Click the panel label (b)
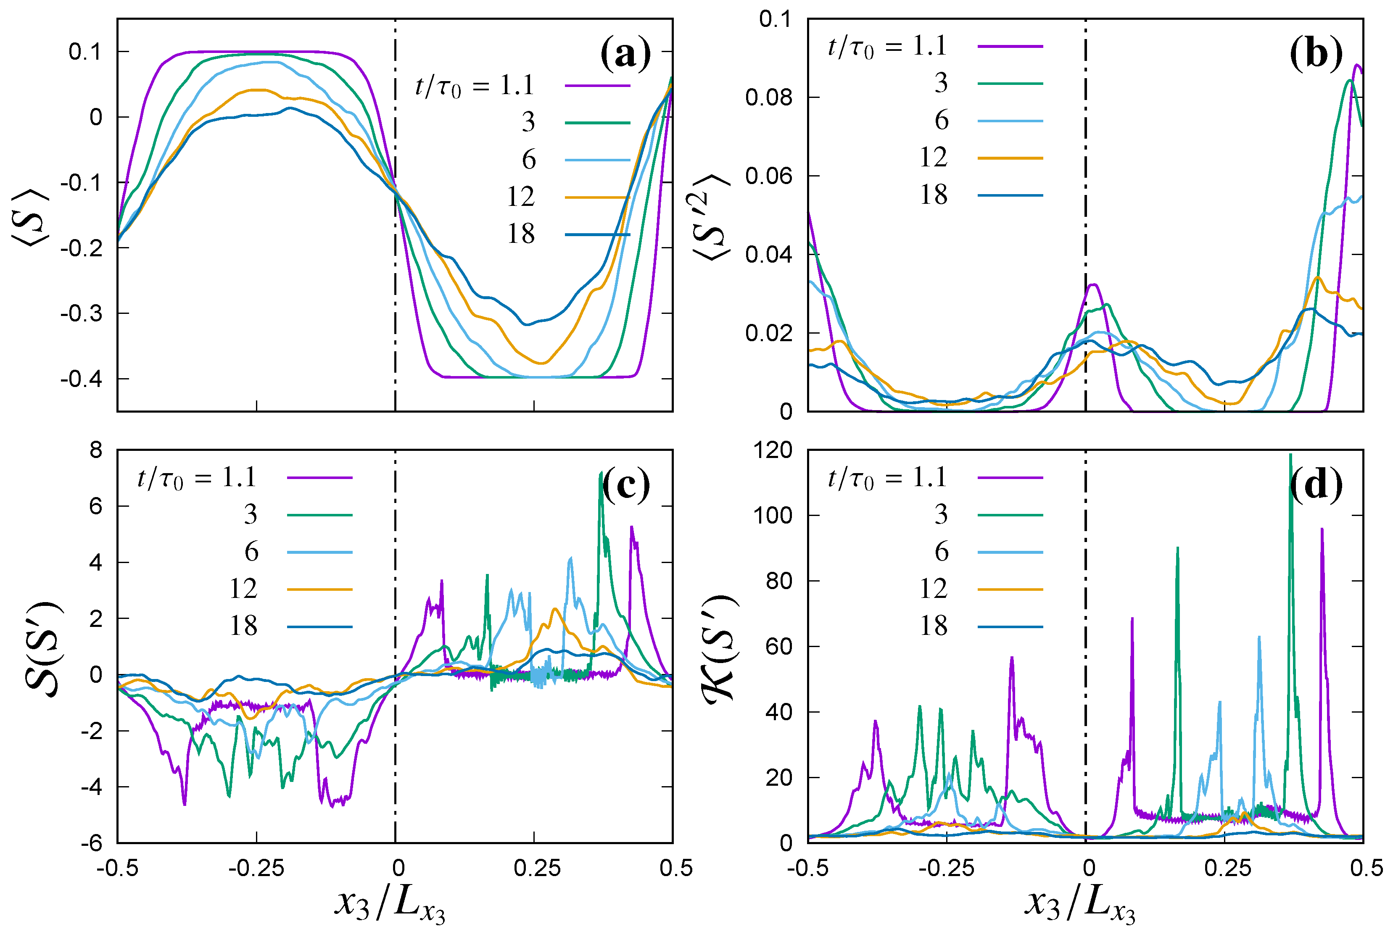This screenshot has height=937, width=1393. click(x=1315, y=54)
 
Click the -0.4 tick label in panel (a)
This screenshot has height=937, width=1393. click(x=82, y=379)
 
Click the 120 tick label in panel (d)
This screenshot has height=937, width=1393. click(x=773, y=450)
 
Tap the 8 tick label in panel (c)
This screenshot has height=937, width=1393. click(x=96, y=450)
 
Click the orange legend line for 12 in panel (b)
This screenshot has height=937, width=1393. click(x=1010, y=158)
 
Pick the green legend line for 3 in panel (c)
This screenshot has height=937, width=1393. click(x=320, y=515)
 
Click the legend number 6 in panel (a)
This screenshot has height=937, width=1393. click(x=528, y=160)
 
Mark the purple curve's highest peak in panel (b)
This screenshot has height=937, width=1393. click(x=1357, y=65)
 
